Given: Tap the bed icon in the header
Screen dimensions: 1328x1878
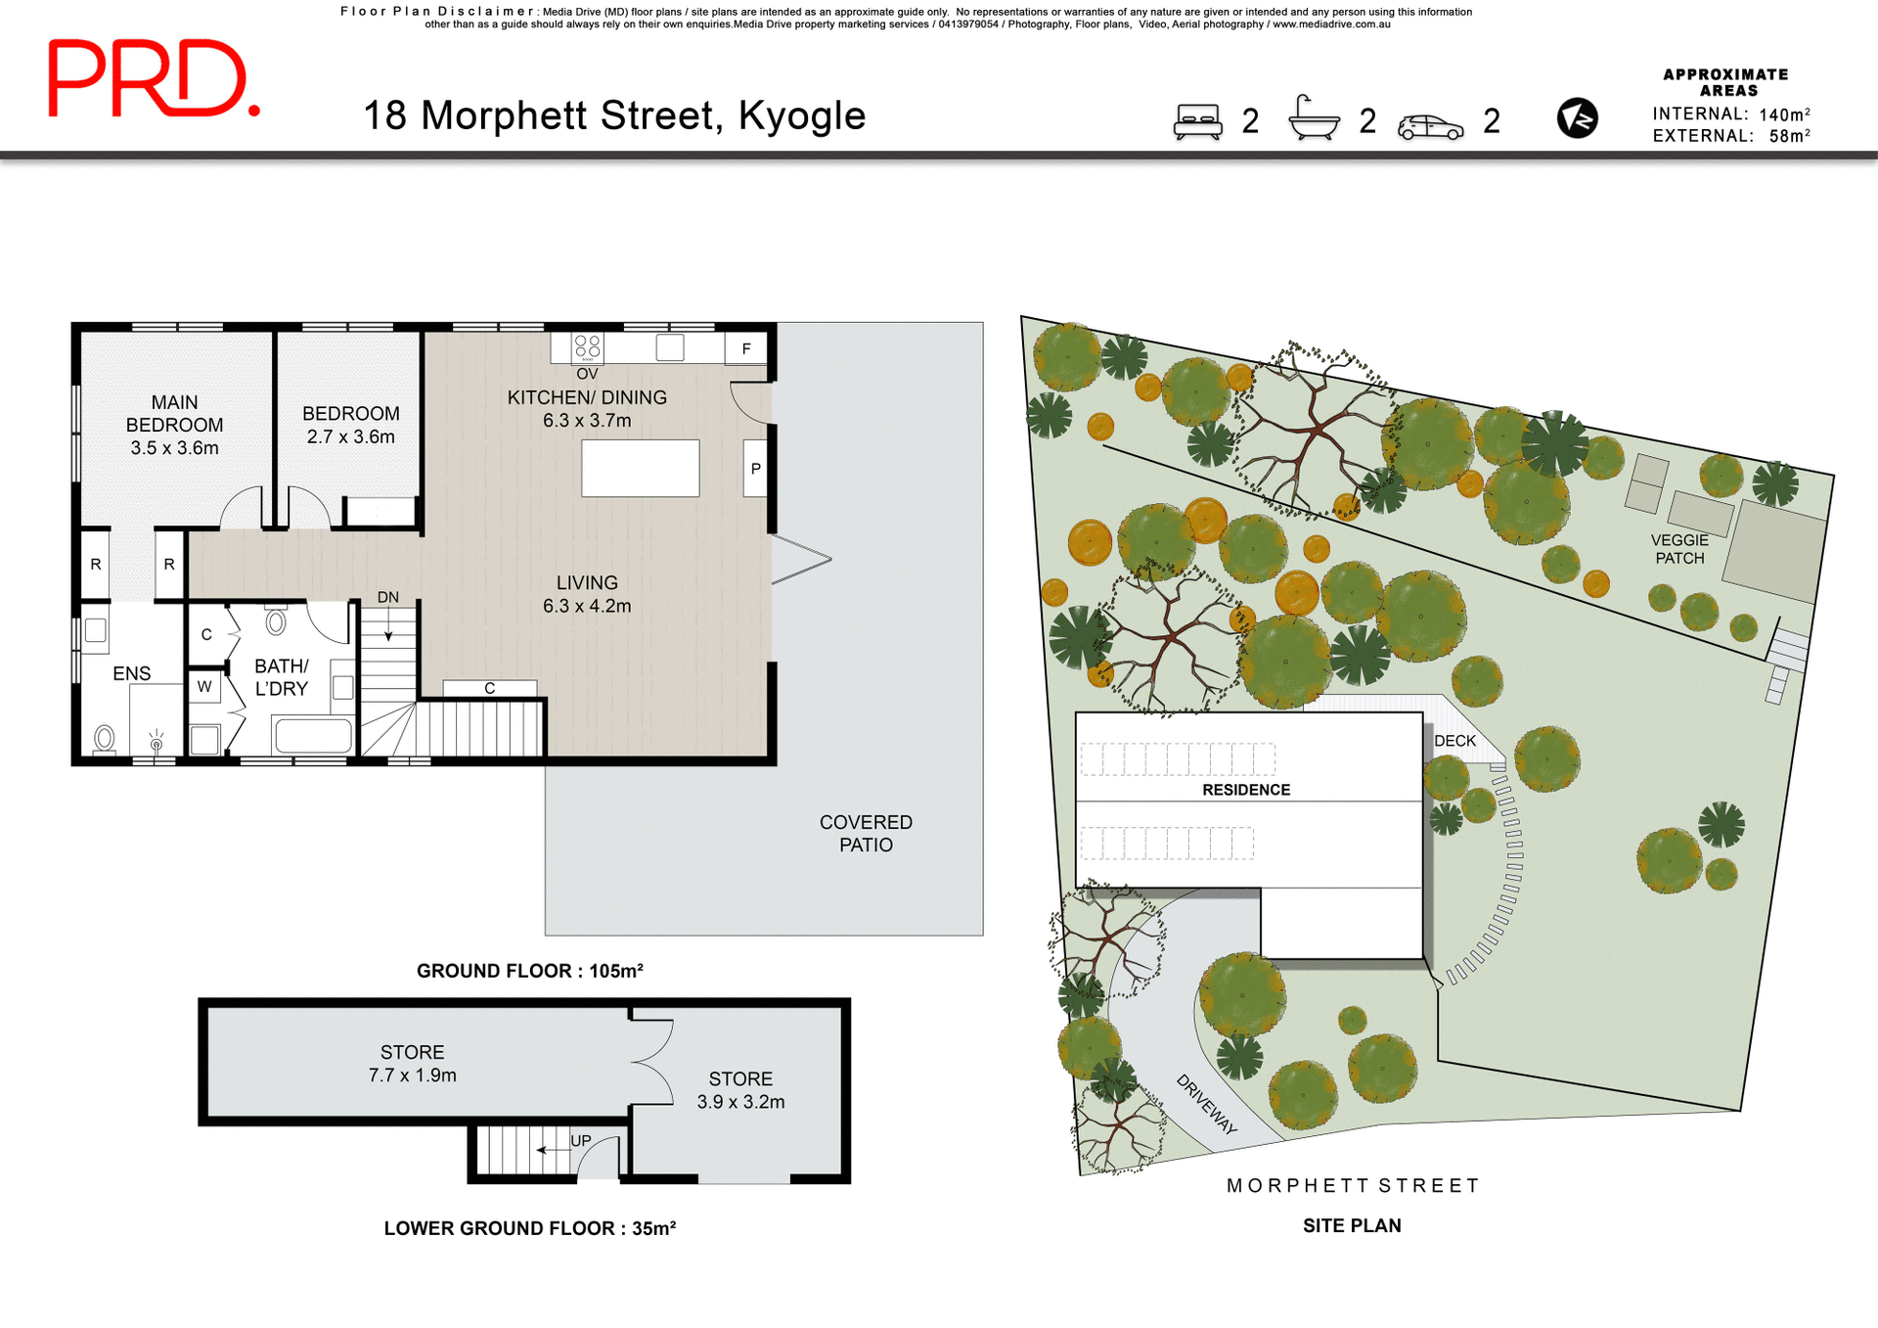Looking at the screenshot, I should (1198, 122).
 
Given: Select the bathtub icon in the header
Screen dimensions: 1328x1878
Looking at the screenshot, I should (1314, 119).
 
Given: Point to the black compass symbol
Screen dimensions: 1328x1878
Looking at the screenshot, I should (1577, 118).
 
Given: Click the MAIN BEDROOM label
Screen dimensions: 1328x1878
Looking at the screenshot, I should (174, 414).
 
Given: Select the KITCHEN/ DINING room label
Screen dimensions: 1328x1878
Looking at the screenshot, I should (587, 398).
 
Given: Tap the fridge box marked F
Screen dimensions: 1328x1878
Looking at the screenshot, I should (746, 348).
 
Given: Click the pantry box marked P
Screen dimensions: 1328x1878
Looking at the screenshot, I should (755, 469).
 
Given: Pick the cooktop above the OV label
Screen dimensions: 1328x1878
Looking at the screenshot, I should (588, 346).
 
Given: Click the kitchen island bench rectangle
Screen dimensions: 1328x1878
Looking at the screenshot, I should (640, 468).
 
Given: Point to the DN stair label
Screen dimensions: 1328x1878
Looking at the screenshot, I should (388, 597).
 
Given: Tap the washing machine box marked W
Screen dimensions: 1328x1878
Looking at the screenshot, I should (204, 686).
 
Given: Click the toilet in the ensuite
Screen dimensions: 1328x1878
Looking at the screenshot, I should (104, 738).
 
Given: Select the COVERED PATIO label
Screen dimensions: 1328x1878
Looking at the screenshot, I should (866, 834).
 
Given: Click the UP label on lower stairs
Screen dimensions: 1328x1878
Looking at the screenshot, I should (581, 1141).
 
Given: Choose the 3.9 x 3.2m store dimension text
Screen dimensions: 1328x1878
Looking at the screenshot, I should (740, 1102).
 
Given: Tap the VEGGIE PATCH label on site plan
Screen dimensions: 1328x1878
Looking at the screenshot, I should (1679, 549).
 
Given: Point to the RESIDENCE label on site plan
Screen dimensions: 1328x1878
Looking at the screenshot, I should (1246, 790).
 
